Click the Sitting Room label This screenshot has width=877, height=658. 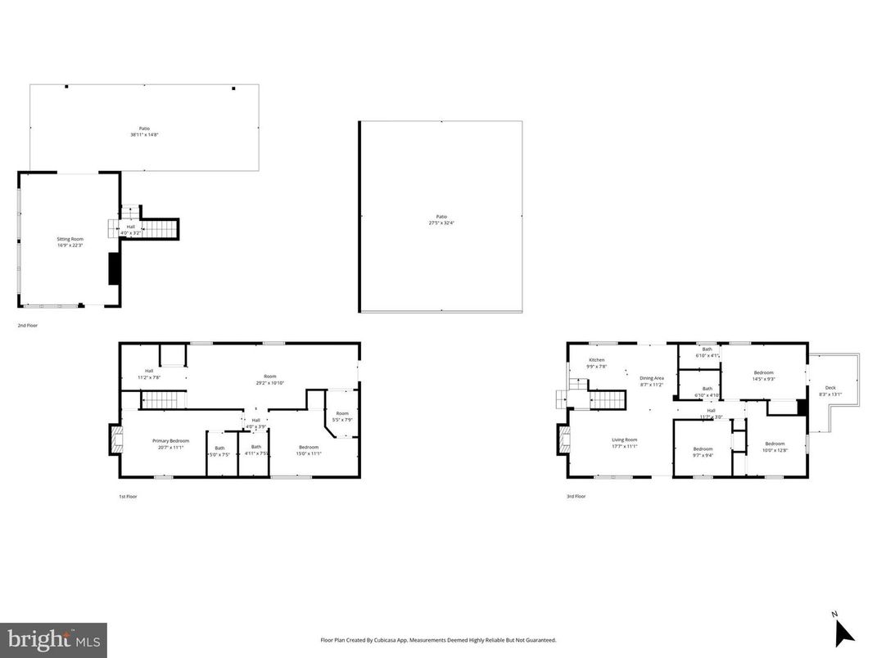70,241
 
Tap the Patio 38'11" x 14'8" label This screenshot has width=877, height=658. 144,131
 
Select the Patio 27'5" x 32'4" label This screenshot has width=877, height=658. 441,219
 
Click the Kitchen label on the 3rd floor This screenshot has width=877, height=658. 596,363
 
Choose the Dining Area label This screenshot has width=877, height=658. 652,381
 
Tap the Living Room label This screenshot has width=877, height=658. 624,443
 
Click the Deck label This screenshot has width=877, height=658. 830,391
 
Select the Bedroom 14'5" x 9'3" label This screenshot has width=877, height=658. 763,376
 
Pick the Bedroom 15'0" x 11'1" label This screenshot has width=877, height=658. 309,449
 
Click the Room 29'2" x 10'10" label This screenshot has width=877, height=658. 270,380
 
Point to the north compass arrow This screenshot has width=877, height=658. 843,631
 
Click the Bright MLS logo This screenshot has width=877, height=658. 53,639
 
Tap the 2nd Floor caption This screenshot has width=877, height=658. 28,325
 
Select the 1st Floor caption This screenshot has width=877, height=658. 129,496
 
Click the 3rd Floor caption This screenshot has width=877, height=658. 576,496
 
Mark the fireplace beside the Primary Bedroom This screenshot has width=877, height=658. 115,440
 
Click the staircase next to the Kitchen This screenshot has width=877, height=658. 608,400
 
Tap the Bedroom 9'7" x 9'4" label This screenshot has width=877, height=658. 703,452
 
